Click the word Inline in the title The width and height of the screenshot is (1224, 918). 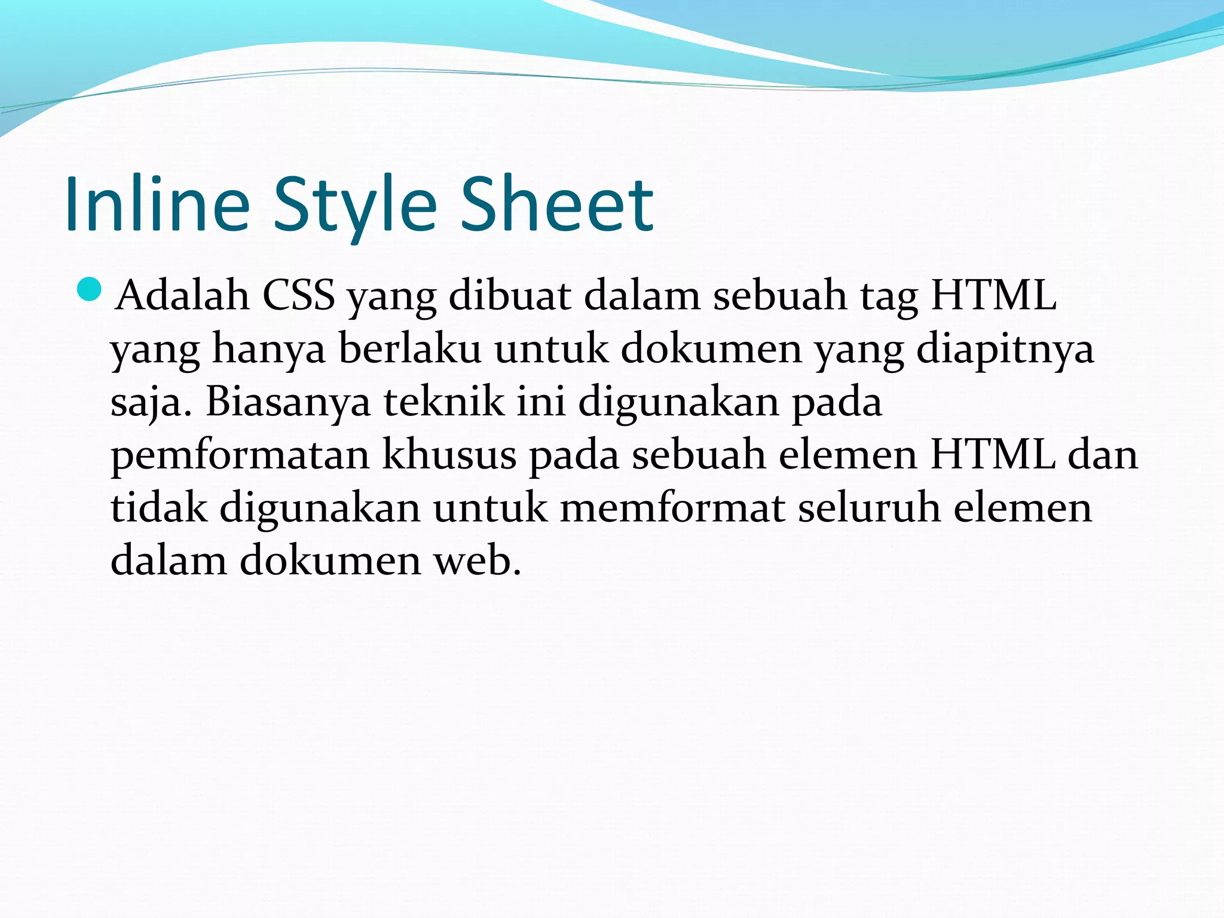point(157,204)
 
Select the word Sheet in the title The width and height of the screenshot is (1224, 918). point(557,204)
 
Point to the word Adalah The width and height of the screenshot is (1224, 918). point(182,295)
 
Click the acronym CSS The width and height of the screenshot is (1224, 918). point(298,295)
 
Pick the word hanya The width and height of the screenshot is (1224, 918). point(269,349)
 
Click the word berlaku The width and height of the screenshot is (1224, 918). point(410,349)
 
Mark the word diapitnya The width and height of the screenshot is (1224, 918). point(1005,350)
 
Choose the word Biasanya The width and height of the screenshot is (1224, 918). point(288,402)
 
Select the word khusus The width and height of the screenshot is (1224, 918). point(449,454)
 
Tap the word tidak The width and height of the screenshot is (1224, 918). point(159,508)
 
